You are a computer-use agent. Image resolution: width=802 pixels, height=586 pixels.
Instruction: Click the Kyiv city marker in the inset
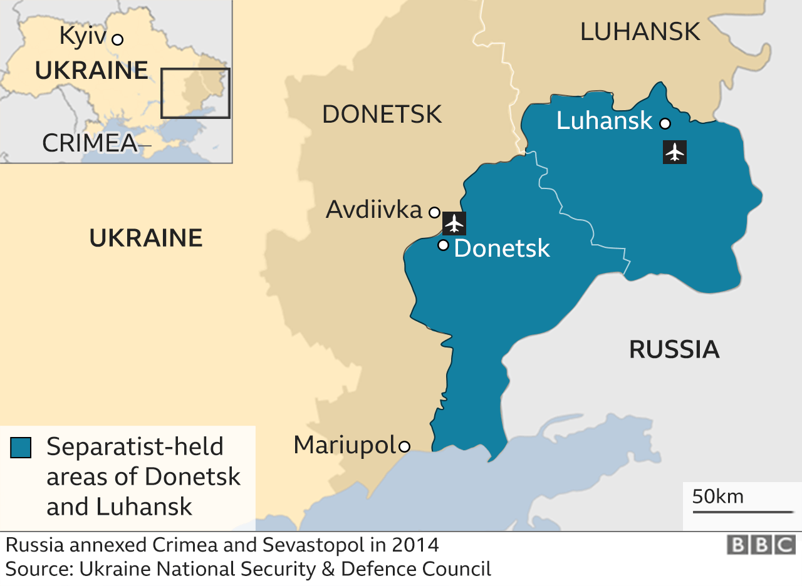coord(117,39)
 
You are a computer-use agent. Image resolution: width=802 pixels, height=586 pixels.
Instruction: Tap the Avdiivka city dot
coord(434,212)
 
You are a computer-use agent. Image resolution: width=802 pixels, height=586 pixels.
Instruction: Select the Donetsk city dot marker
coord(443,245)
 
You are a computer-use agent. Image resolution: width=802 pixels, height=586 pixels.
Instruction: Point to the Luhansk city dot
coord(665,123)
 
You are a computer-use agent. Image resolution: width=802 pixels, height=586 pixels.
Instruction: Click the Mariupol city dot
coord(405,446)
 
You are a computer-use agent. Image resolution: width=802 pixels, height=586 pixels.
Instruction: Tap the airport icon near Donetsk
coord(454,224)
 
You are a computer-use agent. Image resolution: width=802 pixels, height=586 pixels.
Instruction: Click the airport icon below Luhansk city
coord(674,152)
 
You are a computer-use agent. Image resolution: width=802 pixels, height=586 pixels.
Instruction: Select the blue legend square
coord(21,448)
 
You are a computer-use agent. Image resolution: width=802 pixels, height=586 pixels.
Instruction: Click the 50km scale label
coord(718,496)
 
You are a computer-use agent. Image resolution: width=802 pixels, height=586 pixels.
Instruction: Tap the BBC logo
coord(761,545)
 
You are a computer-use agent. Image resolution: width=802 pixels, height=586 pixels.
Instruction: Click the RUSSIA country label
coord(674,349)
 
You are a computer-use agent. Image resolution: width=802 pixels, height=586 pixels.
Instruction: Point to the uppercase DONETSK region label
coord(382,115)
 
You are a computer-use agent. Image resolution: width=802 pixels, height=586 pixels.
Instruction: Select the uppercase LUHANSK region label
coord(640,31)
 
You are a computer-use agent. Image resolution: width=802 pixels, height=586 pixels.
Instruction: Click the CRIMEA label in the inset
coord(90,143)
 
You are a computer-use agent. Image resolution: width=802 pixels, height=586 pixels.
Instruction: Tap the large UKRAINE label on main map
coord(146,239)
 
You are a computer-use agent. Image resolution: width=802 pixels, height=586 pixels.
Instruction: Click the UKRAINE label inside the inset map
coord(91,70)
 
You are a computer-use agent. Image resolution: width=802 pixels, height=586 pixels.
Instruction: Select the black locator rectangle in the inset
coord(195,93)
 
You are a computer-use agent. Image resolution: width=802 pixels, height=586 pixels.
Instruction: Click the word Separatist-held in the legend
coord(135,447)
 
